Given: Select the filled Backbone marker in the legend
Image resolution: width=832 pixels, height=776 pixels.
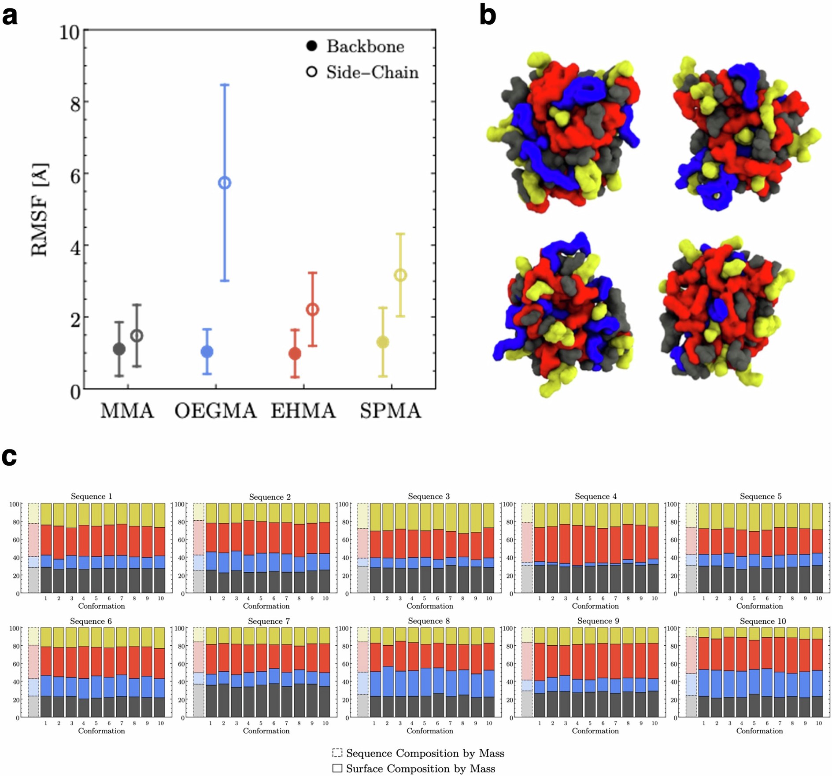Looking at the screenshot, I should [x=311, y=46].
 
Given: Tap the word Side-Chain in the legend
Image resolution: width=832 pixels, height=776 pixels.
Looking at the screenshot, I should [x=372, y=72].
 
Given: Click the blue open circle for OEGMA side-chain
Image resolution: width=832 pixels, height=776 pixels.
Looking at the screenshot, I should [x=225, y=183].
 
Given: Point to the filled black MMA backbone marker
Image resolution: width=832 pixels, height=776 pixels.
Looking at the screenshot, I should [x=119, y=349].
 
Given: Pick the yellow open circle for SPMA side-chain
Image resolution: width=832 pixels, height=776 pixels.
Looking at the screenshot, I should [x=400, y=276].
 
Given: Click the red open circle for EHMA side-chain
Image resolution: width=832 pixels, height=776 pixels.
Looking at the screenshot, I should [x=312, y=310].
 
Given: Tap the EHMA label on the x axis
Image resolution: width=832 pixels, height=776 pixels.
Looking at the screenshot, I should [x=303, y=411].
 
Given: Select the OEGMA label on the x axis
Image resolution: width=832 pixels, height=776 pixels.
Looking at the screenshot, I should [x=215, y=411].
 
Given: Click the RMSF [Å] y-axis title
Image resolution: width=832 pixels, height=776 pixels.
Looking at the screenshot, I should [x=40, y=210].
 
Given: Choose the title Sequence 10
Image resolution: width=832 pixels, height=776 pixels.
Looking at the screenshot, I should [x=762, y=621].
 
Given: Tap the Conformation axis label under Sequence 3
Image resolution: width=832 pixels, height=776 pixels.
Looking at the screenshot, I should [x=429, y=606].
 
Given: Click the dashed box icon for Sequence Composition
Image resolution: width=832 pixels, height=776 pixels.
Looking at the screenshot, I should [x=337, y=753].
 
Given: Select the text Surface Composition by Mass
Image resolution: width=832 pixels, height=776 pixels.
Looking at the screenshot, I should [x=420, y=769].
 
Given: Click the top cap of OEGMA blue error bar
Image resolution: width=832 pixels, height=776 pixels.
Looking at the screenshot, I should [x=225, y=85].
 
